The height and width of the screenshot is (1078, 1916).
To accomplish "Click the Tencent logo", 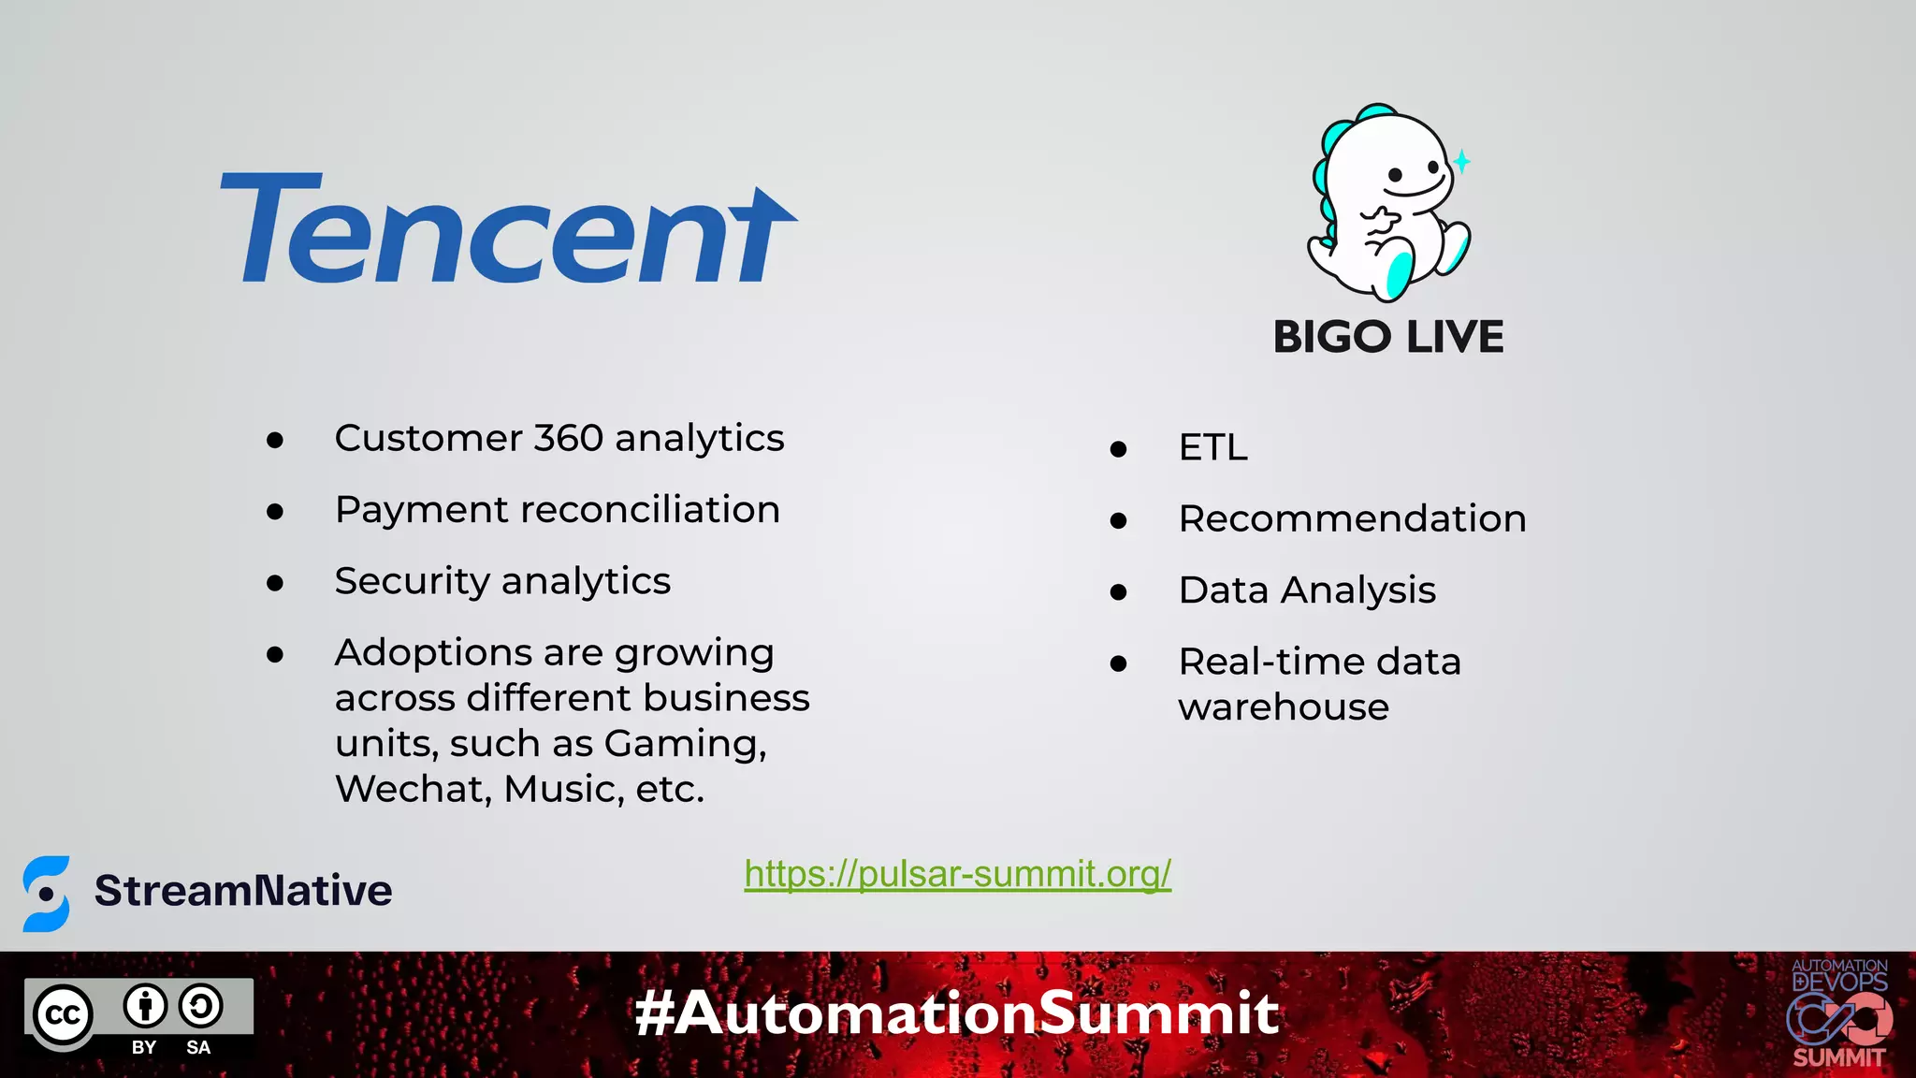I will [508, 229].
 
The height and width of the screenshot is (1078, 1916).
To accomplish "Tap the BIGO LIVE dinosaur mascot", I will [1387, 203].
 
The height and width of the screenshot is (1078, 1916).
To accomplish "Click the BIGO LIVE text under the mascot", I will [1387, 337].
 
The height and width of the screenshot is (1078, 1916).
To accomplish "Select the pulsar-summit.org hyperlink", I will [957, 874].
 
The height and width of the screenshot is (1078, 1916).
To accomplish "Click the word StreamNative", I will [243, 890].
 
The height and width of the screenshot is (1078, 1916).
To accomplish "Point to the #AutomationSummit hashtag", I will [957, 1013].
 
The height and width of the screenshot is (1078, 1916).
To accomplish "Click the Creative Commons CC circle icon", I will [64, 1015].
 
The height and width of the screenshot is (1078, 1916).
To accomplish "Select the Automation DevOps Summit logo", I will [1838, 1014].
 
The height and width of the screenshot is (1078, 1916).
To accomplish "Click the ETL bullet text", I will [1212, 447].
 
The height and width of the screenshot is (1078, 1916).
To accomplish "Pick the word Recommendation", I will [1352, 518].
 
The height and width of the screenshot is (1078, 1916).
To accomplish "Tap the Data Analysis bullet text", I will [1306, 590].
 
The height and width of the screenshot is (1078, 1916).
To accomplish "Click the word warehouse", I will [1284, 707].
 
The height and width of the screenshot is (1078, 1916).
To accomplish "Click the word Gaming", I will [685, 744].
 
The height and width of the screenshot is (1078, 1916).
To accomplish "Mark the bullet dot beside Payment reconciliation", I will [275, 511].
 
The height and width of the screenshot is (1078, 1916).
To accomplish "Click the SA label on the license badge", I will [198, 1047].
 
